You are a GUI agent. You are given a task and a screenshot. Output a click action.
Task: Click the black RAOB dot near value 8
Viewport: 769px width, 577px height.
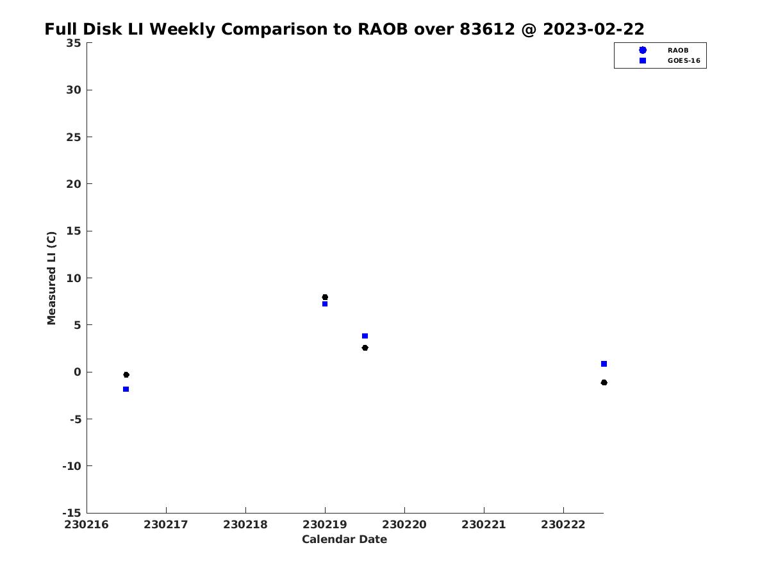coord(325,297)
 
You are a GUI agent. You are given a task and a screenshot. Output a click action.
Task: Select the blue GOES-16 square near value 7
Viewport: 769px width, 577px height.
coord(325,304)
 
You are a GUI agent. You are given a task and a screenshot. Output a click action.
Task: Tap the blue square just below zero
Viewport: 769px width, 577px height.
coord(126,389)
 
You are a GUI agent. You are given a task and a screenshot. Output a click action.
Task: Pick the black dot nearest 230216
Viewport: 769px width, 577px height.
coord(126,375)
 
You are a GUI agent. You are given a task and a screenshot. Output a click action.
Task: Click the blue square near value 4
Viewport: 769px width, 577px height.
coord(365,336)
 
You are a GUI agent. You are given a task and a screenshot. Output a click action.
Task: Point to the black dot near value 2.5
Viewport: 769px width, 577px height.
coord(365,348)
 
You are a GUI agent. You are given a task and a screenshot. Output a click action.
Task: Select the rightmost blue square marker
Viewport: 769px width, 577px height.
coord(604,364)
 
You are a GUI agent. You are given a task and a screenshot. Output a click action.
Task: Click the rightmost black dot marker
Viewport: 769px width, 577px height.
coord(604,383)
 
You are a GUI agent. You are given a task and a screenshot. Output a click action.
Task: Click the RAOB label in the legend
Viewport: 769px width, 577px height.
coord(678,51)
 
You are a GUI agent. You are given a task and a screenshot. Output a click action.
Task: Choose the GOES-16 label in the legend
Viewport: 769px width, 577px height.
coord(684,61)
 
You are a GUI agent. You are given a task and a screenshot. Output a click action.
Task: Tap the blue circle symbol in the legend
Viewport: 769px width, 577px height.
coord(643,50)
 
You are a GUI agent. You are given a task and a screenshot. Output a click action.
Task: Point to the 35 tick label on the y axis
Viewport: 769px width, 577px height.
coord(74,43)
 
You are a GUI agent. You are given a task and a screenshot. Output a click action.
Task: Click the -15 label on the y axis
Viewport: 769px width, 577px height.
coord(72,514)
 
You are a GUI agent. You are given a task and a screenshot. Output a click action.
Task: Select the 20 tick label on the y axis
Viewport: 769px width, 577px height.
coord(74,184)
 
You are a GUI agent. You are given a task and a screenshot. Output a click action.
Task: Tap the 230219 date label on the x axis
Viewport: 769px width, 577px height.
coord(325,525)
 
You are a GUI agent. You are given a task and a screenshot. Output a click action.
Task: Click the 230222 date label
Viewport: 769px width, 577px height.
coord(563,525)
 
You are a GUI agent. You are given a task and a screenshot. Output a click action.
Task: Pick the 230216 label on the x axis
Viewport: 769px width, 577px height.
coord(87,525)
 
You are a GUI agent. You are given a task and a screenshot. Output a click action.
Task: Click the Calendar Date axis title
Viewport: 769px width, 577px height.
coord(344,540)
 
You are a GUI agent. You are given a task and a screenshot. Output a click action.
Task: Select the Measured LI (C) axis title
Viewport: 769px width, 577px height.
coord(51,278)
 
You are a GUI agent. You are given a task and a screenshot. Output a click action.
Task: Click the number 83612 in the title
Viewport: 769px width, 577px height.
coord(487,29)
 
